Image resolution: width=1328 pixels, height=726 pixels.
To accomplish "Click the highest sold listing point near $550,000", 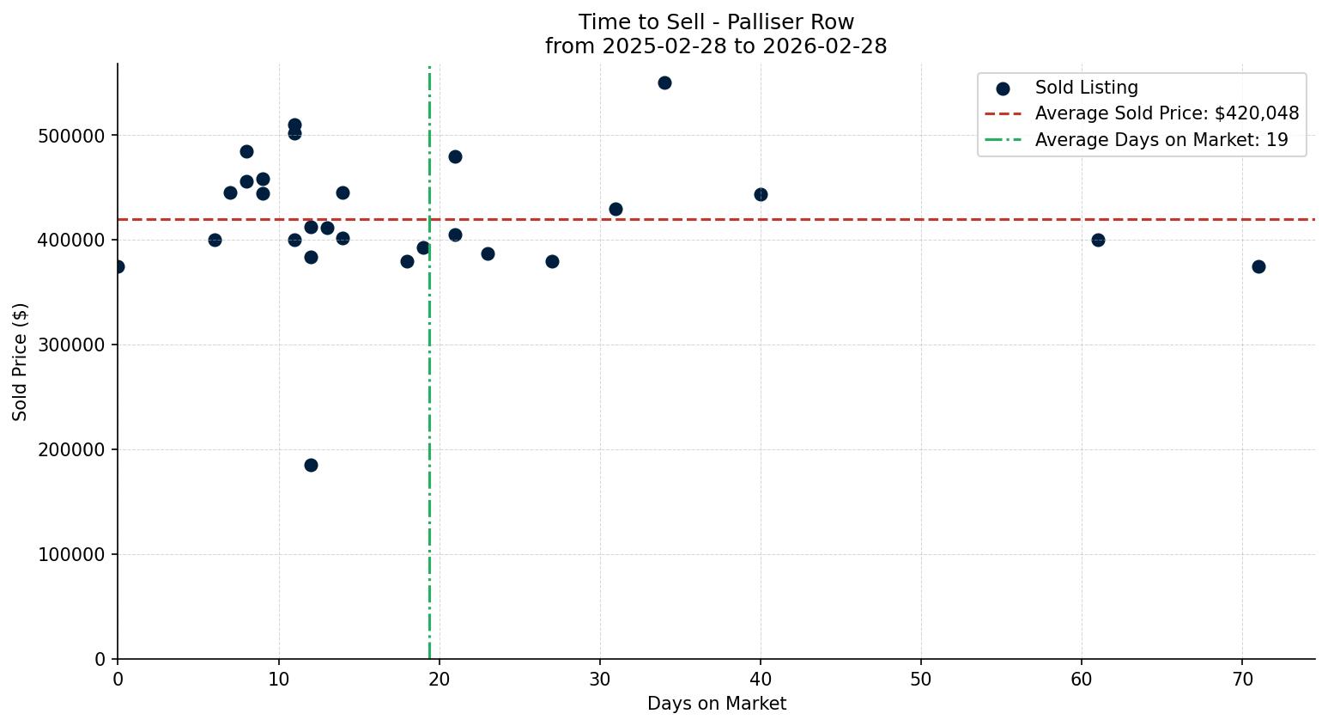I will [664, 83].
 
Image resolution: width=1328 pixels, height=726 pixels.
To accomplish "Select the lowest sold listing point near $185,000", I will [311, 465].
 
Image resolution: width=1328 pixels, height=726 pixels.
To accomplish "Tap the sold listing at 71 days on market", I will [1258, 266].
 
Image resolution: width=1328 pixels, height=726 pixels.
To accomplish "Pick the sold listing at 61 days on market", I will [1098, 240].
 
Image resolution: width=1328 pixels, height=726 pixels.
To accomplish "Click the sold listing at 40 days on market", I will [761, 195].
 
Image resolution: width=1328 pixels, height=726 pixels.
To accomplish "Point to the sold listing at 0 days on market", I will [118, 266].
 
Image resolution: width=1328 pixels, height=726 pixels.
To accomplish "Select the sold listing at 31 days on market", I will [615, 209].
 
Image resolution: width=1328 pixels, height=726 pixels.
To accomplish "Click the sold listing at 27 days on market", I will [552, 261].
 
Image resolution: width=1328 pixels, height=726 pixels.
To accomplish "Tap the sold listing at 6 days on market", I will [215, 240].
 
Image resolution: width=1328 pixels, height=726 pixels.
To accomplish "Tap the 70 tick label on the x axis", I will [1242, 679].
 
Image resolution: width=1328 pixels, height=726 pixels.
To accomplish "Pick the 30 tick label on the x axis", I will [600, 679].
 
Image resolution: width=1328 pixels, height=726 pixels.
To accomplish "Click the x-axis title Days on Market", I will [717, 704].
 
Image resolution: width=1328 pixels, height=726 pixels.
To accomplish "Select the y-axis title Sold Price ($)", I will [20, 362].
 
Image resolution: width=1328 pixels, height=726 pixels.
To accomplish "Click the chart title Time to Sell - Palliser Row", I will [716, 22].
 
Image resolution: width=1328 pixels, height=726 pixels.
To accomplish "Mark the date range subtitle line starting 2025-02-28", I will [716, 46].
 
